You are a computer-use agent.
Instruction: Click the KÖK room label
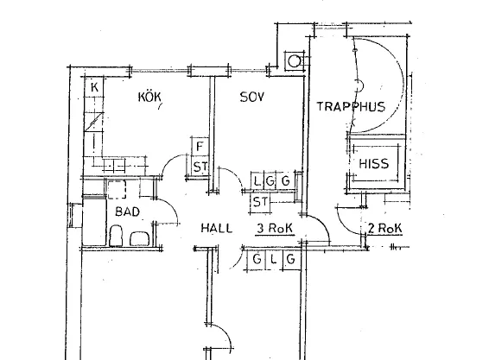pyautogui.click(x=149, y=97)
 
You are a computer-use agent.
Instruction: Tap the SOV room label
pyautogui.click(x=252, y=97)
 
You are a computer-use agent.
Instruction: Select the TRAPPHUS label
pyautogui.click(x=351, y=106)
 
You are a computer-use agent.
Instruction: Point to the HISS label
pyautogui.click(x=374, y=164)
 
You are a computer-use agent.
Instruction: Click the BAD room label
pyautogui.click(x=127, y=212)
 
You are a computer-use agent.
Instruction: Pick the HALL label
pyautogui.click(x=217, y=228)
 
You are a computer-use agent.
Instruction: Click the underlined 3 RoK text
pyautogui.click(x=275, y=229)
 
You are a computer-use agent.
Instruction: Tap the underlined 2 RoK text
pyautogui.click(x=385, y=229)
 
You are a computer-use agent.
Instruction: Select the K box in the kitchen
pyautogui.click(x=94, y=86)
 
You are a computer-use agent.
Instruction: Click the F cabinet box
pyautogui.click(x=200, y=146)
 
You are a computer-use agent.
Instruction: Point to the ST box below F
pyautogui.click(x=200, y=167)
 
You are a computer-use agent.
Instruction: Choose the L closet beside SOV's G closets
pyautogui.click(x=257, y=180)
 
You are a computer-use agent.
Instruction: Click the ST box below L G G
pyautogui.click(x=260, y=202)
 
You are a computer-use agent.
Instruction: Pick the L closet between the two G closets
pyautogui.click(x=274, y=259)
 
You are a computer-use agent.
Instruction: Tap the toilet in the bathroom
pyautogui.click(x=116, y=236)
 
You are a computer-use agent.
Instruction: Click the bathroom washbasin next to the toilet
pyautogui.click(x=139, y=239)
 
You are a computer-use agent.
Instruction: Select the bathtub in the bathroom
pyautogui.click(x=94, y=221)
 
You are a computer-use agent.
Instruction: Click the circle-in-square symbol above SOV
pyautogui.click(x=294, y=61)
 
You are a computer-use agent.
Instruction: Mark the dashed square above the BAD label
pyautogui.click(x=117, y=189)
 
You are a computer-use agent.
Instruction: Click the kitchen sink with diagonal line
pyautogui.click(x=94, y=122)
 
